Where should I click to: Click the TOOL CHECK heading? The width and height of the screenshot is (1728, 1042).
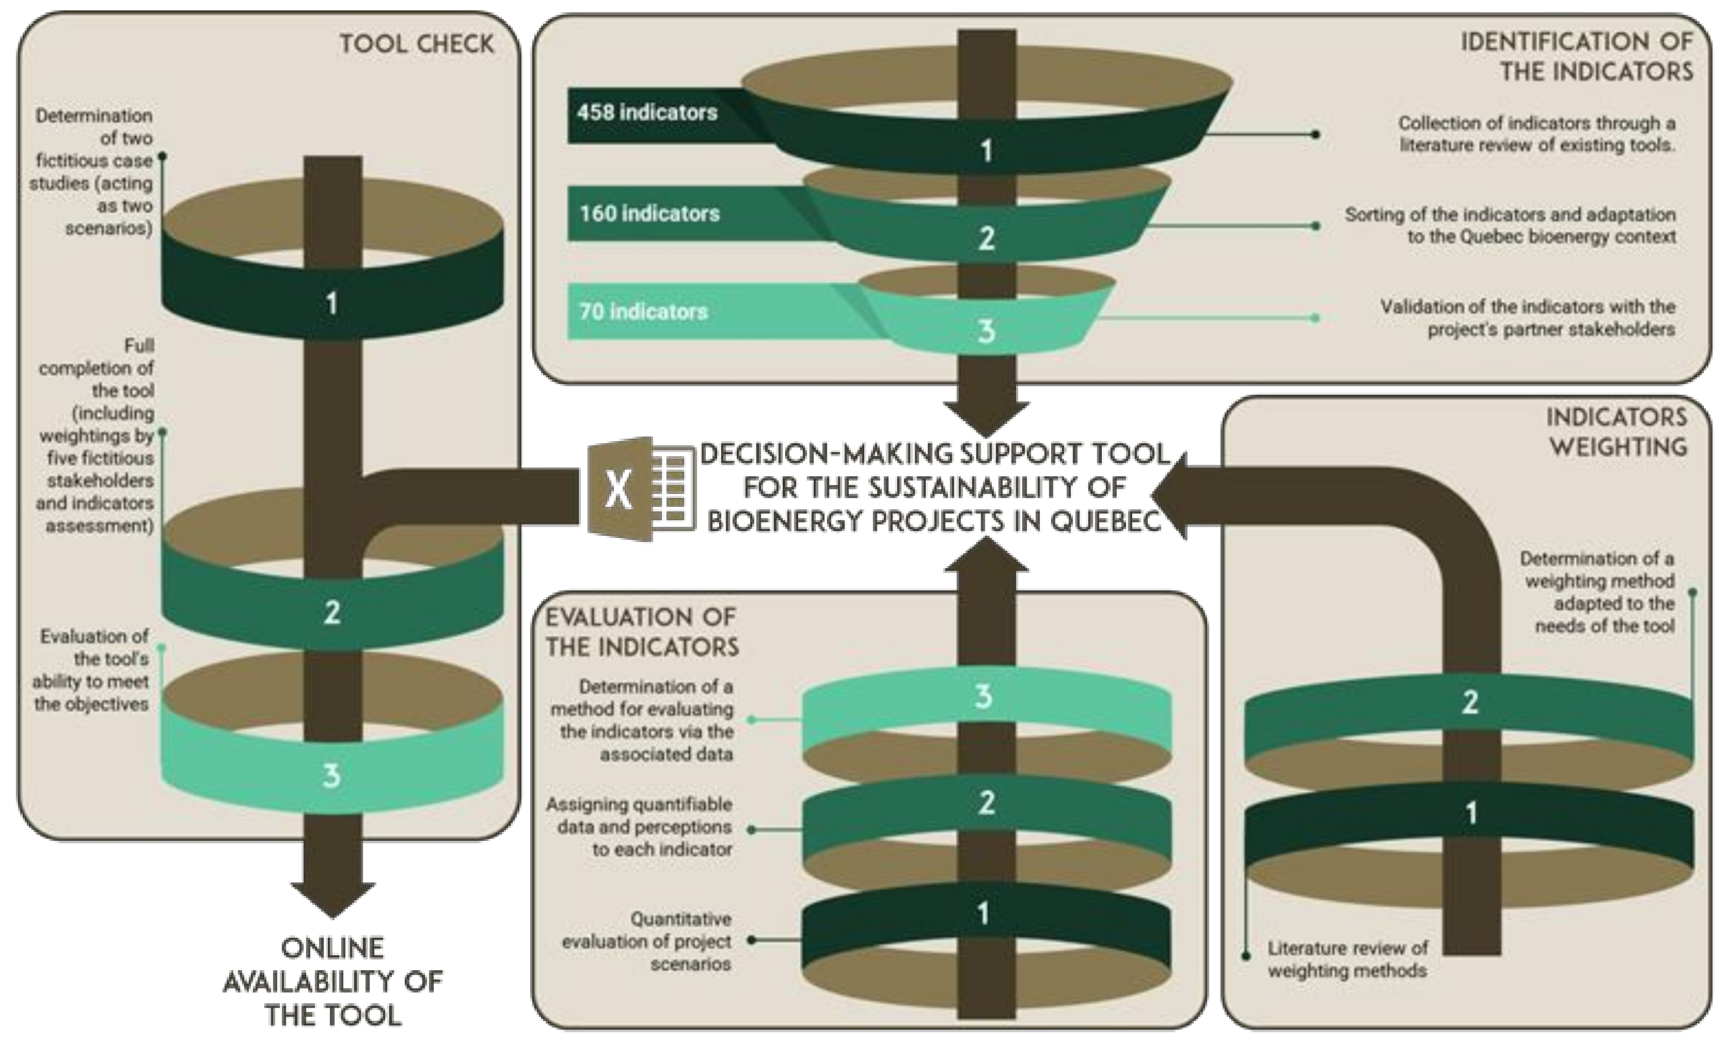[417, 44]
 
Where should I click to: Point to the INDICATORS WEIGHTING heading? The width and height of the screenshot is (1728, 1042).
[1617, 432]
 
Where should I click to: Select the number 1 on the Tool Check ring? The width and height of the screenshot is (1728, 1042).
[332, 303]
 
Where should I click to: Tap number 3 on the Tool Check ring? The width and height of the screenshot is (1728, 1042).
[332, 776]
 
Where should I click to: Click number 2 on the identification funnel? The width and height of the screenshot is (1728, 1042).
[986, 239]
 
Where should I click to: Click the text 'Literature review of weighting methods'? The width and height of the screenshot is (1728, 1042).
[1347, 959]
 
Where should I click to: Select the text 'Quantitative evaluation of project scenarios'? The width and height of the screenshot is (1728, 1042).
[646, 941]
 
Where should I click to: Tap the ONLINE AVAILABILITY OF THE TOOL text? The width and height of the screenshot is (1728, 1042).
[332, 981]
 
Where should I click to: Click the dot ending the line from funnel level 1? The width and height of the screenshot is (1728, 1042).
[1315, 134]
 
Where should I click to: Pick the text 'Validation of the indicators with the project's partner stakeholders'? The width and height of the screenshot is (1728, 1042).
[1528, 317]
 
